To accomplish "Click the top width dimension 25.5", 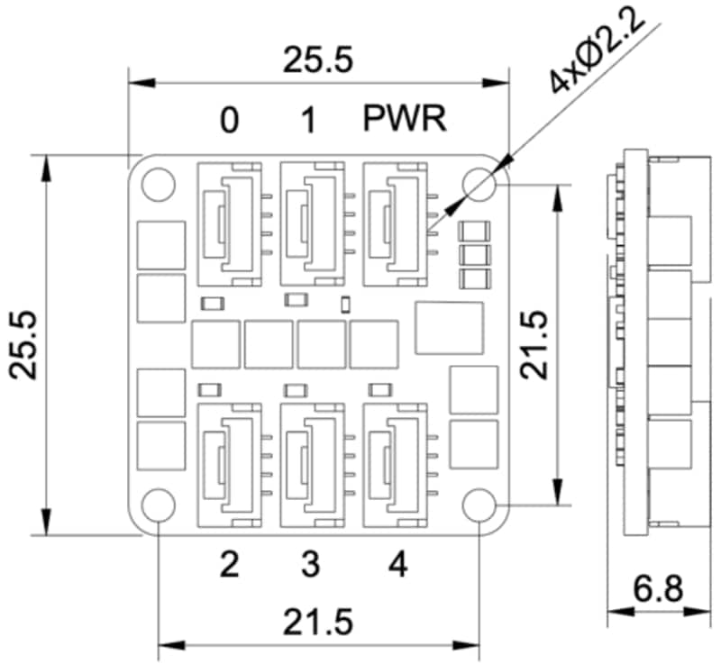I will point(316,61).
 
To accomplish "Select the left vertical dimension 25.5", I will point(24,345).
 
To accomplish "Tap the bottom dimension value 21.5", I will point(317,623).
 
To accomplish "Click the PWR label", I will point(406,119).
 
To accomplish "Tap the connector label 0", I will point(230,121).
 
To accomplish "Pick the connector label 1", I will point(309,121).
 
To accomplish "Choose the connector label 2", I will point(230,565).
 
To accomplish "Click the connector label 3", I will point(309,565).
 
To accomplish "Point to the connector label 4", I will point(397,565).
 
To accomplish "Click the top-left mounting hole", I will point(158,183).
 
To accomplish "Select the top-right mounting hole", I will point(479,183).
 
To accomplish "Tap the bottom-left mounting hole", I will point(158,505).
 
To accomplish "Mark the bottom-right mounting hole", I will point(479,505).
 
